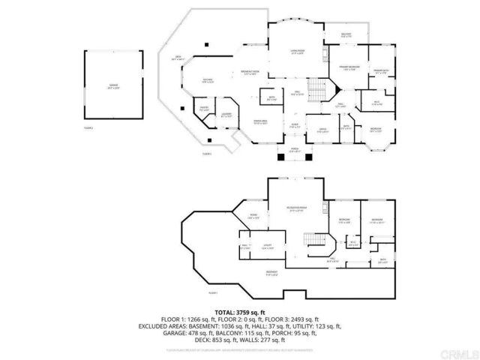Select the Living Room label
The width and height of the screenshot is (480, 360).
click(297, 52)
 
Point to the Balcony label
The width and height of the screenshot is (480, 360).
click(346, 35)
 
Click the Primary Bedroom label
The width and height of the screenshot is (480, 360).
click(344, 67)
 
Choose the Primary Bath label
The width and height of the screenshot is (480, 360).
click(381, 71)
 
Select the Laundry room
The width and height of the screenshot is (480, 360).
click(226, 115)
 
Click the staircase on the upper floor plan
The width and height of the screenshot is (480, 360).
click(319, 91)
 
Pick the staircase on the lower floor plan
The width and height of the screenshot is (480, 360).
click(319, 243)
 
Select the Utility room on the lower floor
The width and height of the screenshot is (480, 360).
click(267, 245)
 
